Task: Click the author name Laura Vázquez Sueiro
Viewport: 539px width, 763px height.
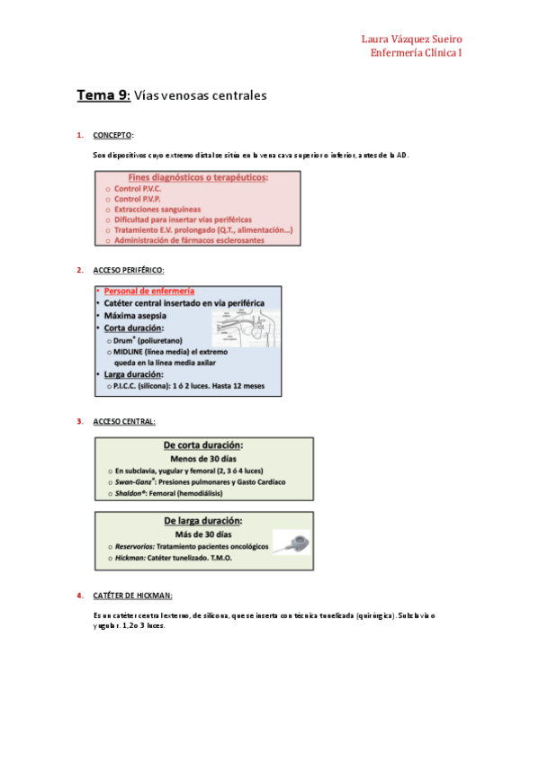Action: [411, 40]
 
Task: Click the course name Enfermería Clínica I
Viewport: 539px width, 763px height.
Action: [417, 53]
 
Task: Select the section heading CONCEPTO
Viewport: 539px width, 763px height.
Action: [112, 135]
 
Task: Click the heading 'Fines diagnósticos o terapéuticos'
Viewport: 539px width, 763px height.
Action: [198, 178]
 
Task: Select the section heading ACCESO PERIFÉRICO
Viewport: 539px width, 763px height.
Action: [129, 270]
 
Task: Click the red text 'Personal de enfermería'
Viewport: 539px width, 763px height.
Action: [148, 292]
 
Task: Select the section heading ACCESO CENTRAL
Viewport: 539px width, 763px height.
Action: [124, 421]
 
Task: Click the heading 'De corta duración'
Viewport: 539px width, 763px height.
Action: [202, 444]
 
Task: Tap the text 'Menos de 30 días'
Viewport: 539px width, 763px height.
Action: [202, 458]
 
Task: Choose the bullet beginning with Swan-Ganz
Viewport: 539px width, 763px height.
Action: [200, 482]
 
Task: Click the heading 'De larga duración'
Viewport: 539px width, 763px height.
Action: [202, 521]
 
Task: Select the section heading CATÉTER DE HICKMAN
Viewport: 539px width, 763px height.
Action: [132, 596]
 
